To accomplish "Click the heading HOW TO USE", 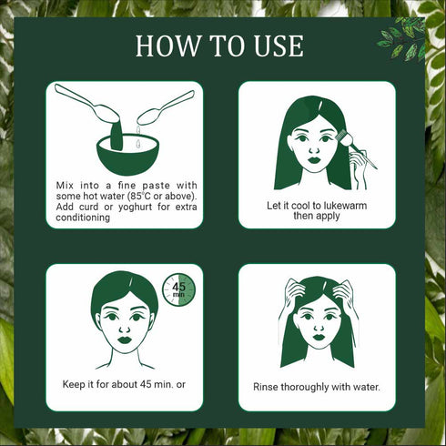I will [x=219, y=47].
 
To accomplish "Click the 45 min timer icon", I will [x=178, y=289].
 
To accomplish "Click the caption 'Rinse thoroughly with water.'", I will [x=317, y=387].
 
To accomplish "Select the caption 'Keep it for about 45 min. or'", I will [x=124, y=384].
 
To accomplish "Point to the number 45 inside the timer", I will [x=178, y=285].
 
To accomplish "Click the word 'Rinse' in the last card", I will [x=269, y=387].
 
